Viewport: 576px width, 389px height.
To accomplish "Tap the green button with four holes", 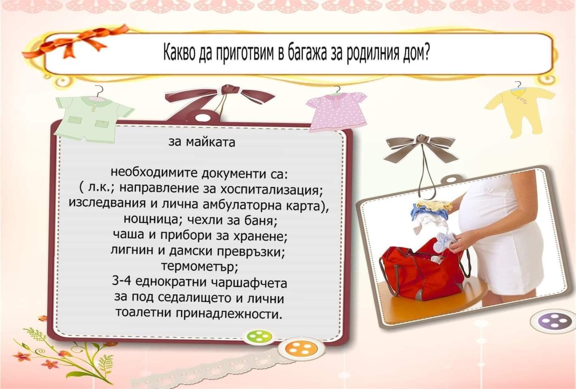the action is coord(259,336).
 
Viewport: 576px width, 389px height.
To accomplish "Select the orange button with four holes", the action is coord(301,349).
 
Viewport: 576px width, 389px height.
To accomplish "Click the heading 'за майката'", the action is coord(202,142).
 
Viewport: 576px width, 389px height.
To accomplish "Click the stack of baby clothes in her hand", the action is coord(431,214).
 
